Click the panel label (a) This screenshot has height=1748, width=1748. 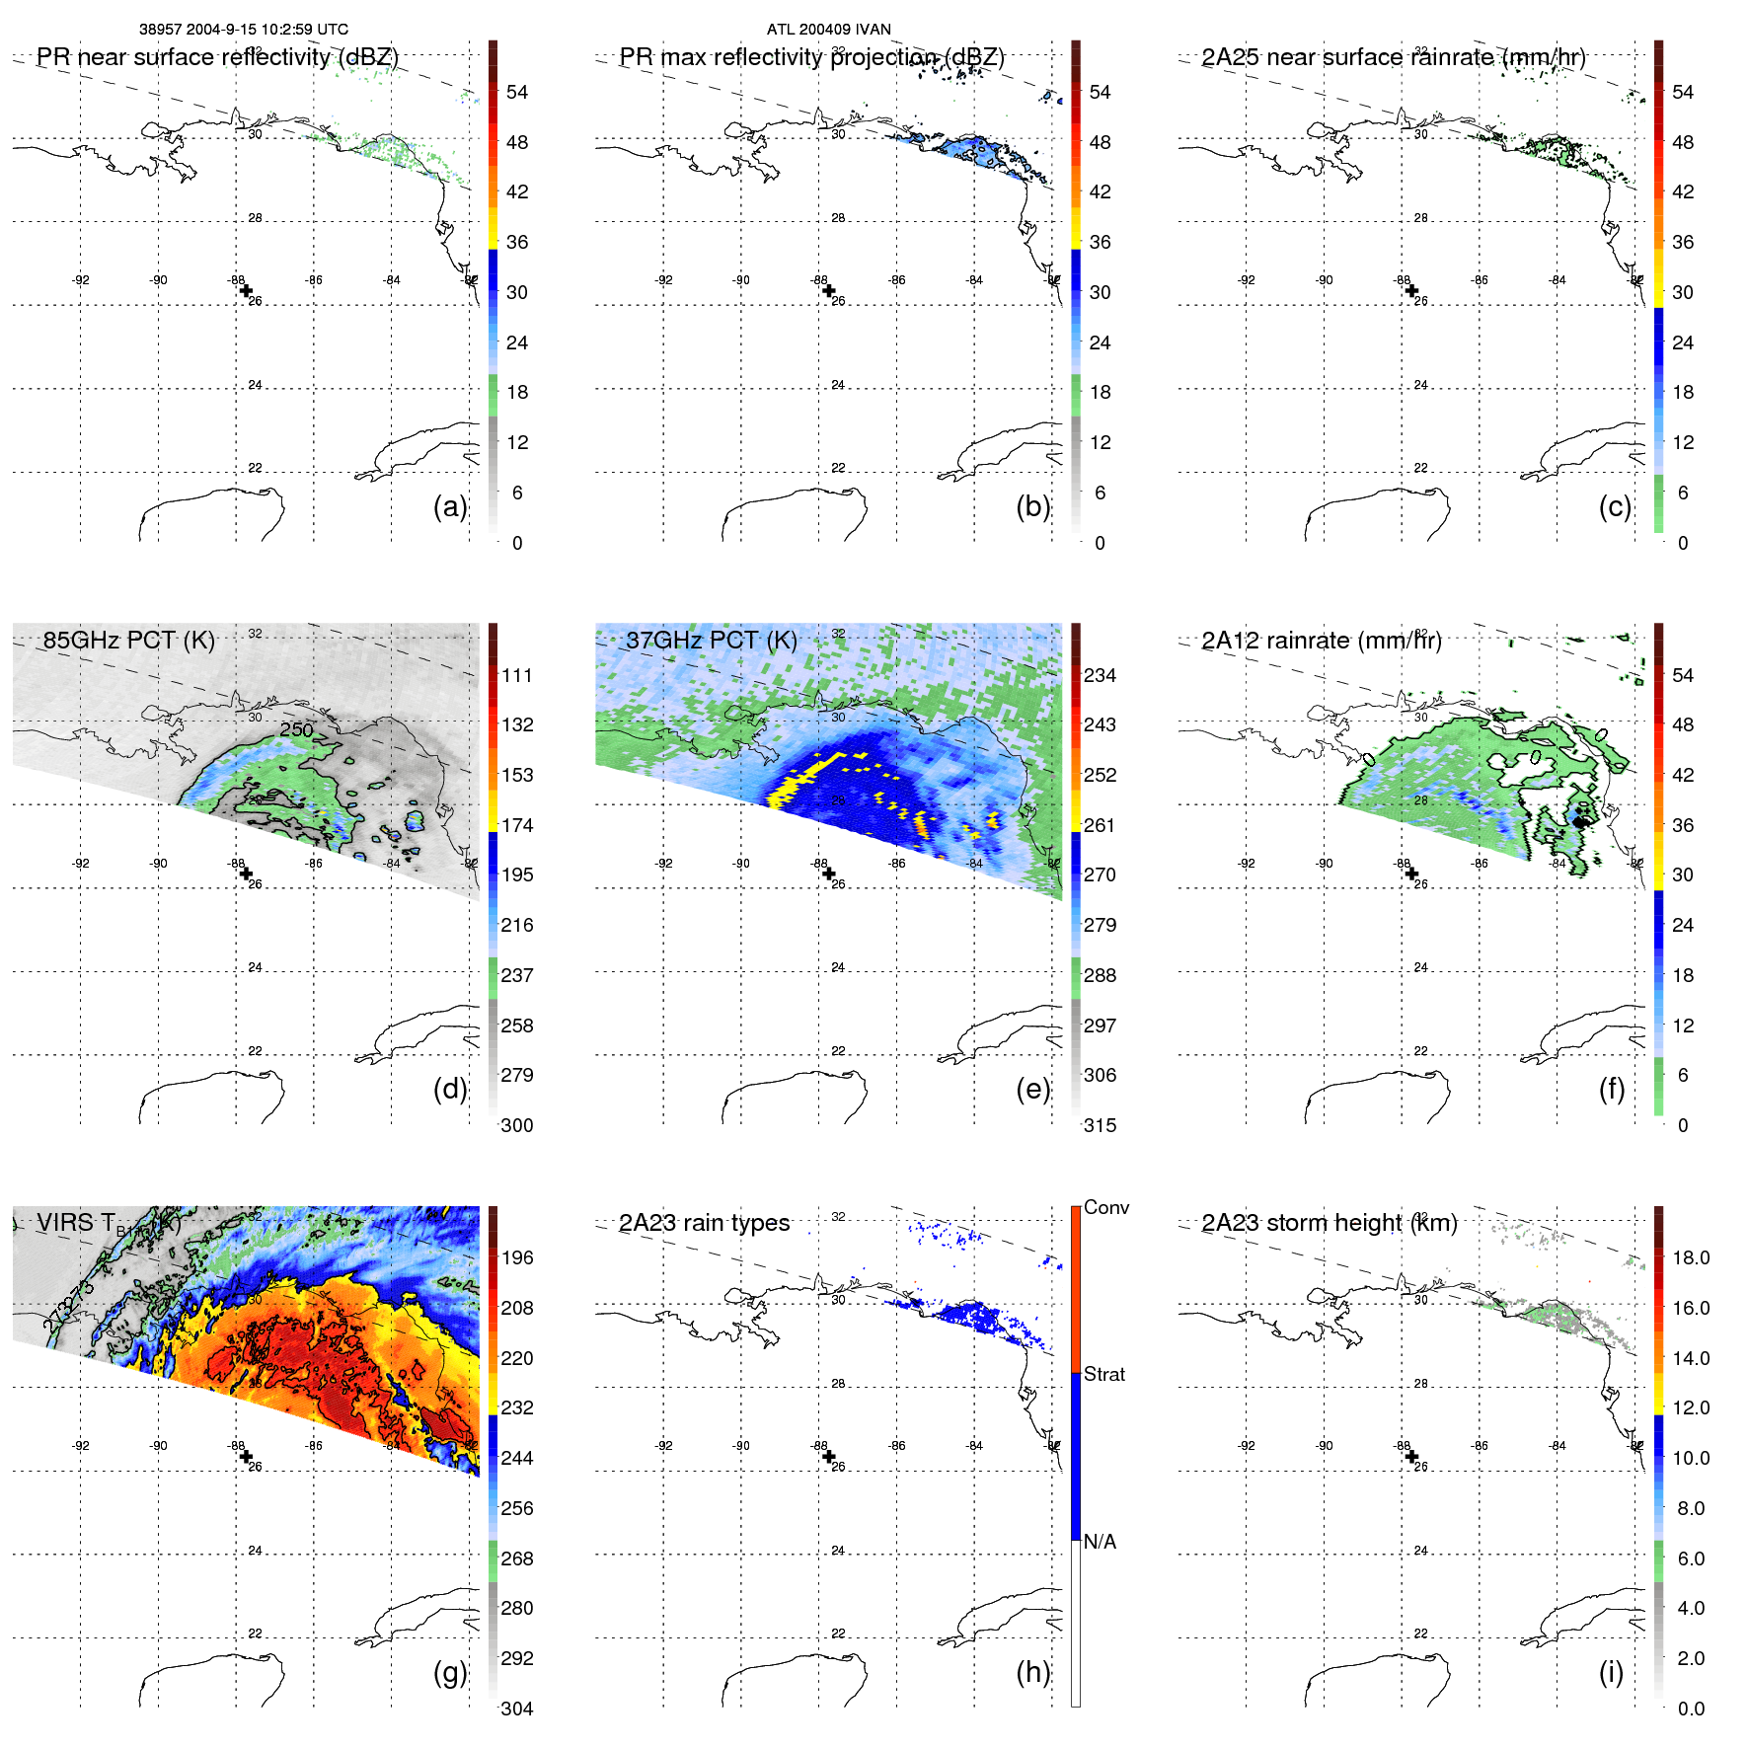[x=449, y=506]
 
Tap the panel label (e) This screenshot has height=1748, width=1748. [x=1032, y=1089]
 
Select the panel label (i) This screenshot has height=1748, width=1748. [x=1611, y=1672]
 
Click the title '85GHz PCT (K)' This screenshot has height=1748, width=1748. [x=128, y=640]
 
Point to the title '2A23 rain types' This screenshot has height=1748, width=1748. [x=704, y=1223]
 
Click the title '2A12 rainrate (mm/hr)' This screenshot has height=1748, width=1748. [x=1321, y=640]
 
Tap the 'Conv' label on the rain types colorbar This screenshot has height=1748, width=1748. [x=1105, y=1207]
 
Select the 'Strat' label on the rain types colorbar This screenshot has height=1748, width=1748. [x=1103, y=1374]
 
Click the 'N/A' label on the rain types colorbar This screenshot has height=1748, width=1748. [x=1100, y=1542]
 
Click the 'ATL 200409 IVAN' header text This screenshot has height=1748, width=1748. [x=828, y=30]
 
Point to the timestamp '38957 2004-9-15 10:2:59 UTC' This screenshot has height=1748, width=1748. [x=243, y=30]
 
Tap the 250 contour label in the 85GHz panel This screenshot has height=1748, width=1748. [x=296, y=729]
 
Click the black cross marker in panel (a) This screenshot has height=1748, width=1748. [x=246, y=290]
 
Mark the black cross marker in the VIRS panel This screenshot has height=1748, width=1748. [x=246, y=1456]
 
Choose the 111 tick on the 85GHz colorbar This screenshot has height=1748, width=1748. [x=516, y=675]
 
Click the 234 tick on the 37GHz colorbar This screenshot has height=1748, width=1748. [x=1100, y=675]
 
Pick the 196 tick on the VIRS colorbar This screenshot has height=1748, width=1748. [x=516, y=1257]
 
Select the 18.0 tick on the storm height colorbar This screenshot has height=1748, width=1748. [x=1690, y=1257]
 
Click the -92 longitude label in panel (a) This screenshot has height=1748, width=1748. [x=81, y=280]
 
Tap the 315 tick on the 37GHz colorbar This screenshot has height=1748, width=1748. [x=1100, y=1125]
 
